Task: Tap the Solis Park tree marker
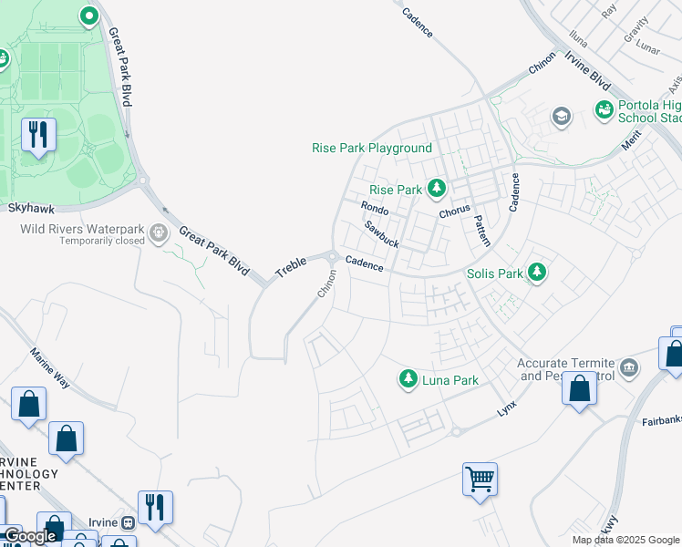coord(538,273)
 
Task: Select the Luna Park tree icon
coord(408,378)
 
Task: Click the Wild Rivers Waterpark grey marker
coord(160,233)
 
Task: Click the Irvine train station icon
coord(129,522)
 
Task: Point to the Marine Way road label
coord(50,368)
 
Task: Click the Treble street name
coord(291,266)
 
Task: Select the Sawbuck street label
coord(381,234)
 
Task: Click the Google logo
coord(30,537)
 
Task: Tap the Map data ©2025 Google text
coord(625,540)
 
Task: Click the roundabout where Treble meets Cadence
coord(334,257)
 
